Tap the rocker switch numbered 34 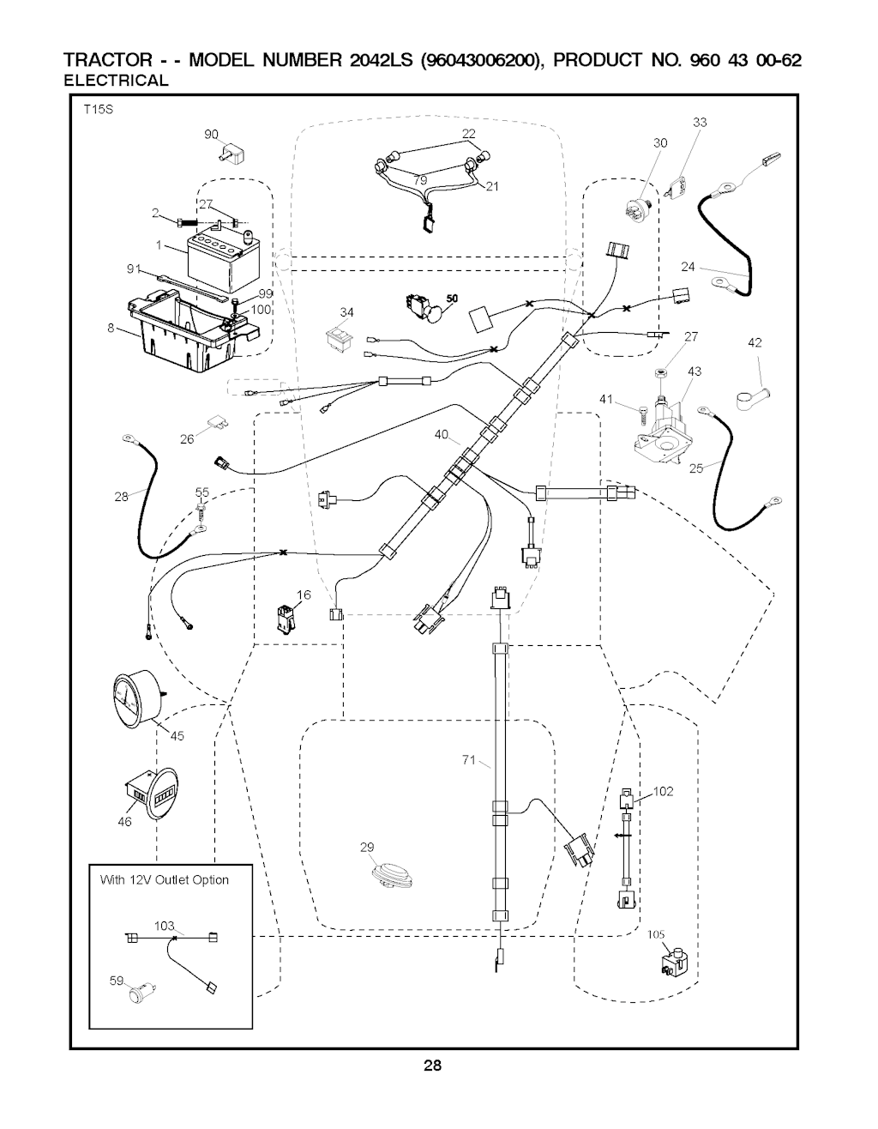pos(340,337)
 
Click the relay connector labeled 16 pos(283,617)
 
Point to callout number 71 pos(468,758)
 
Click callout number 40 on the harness pos(442,435)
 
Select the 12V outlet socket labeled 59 pos(138,994)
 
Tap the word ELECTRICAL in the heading pos(117,81)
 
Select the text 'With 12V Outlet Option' pos(165,880)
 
